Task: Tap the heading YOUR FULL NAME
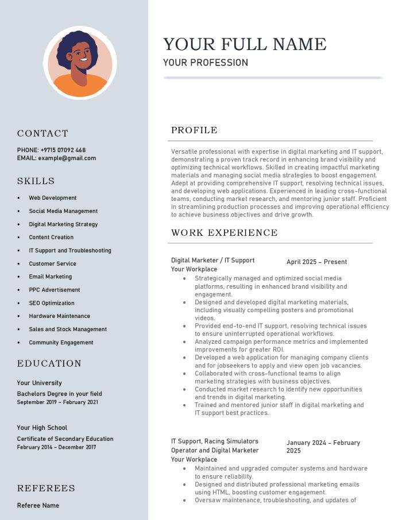point(245,44)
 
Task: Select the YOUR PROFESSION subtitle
point(206,63)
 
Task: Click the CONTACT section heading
point(42,134)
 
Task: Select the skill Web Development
point(53,198)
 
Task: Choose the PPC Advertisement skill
point(55,290)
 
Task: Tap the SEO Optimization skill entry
point(52,303)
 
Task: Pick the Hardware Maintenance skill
point(60,316)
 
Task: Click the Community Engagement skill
point(61,343)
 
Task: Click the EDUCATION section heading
point(49,364)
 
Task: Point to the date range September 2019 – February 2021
point(57,402)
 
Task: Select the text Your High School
point(42,428)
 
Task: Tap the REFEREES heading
point(46,488)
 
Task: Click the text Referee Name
point(38,506)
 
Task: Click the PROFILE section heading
point(194,130)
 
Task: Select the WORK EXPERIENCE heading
point(225,233)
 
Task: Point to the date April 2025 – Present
point(317,262)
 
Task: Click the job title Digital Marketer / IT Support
point(212,261)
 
